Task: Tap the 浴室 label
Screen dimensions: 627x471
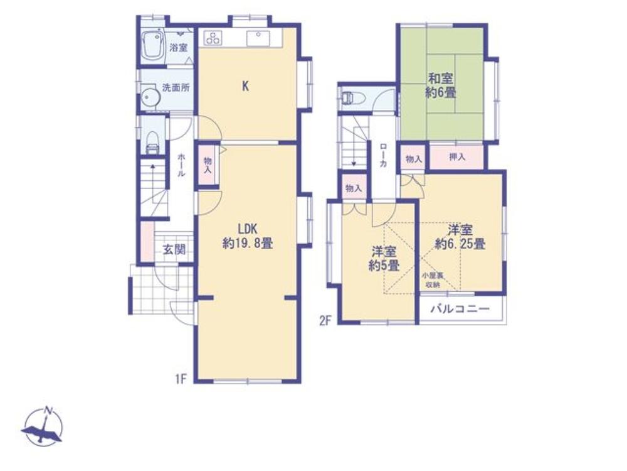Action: pyautogui.click(x=178, y=48)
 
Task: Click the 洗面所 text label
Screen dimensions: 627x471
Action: pyautogui.click(x=176, y=87)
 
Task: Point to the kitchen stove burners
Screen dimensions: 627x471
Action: pyautogui.click(x=213, y=38)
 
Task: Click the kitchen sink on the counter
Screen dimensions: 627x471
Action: pyautogui.click(x=258, y=38)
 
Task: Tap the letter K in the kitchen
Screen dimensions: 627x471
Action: pyautogui.click(x=246, y=85)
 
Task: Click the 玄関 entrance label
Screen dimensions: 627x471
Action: pyautogui.click(x=175, y=249)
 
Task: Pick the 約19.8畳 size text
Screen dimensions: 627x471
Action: pyautogui.click(x=248, y=243)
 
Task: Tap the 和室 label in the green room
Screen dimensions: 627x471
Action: pyautogui.click(x=441, y=78)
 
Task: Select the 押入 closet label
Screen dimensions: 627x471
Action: pyautogui.click(x=457, y=156)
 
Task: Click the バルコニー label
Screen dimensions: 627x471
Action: pyautogui.click(x=460, y=309)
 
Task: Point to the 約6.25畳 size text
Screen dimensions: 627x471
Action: pyautogui.click(x=460, y=244)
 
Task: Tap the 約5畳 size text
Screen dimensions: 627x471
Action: pyautogui.click(x=384, y=266)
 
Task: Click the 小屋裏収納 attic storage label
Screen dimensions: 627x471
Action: pyautogui.click(x=432, y=280)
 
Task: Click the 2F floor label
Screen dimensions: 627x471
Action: pyautogui.click(x=325, y=321)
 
